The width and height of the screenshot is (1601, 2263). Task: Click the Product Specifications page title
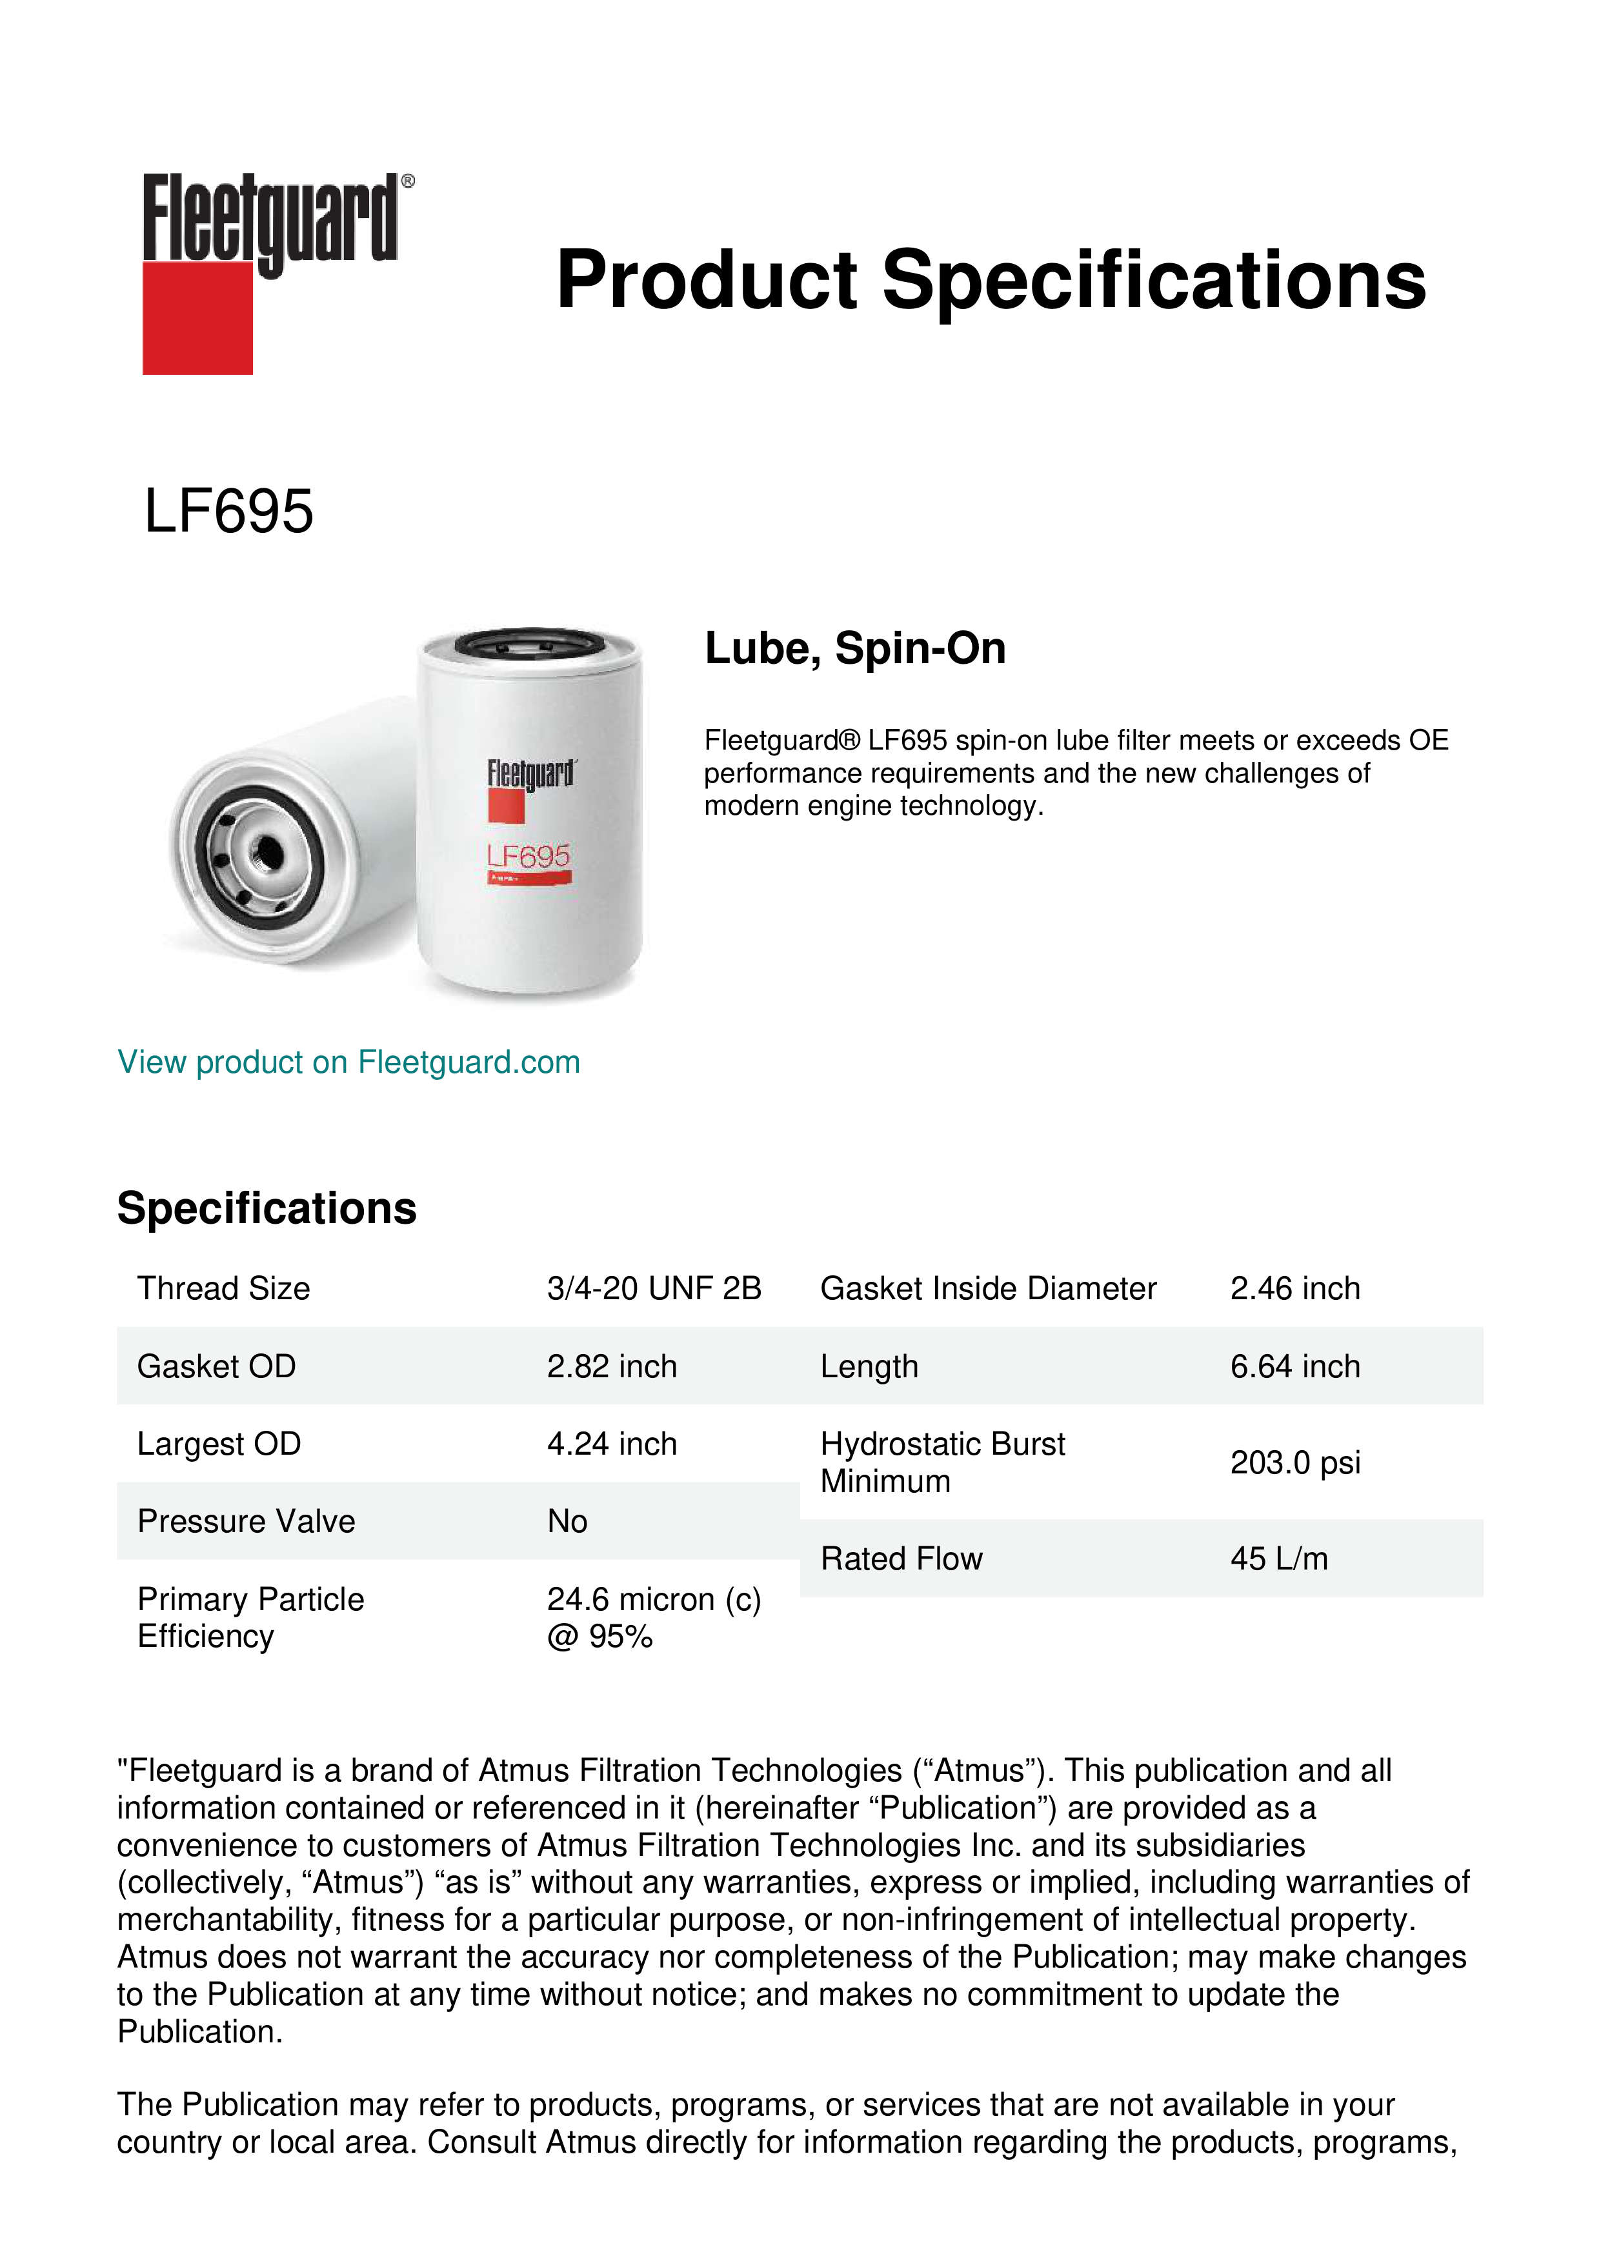click(x=991, y=280)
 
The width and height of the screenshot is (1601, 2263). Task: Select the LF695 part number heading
click(x=228, y=512)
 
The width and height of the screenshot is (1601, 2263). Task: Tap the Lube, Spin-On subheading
click(x=855, y=648)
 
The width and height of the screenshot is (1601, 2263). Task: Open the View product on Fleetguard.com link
click(x=348, y=1062)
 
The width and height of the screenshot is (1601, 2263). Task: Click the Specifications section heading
click(x=266, y=1208)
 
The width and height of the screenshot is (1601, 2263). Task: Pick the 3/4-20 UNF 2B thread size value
click(x=654, y=1288)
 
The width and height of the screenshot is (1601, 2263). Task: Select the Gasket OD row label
click(x=216, y=1366)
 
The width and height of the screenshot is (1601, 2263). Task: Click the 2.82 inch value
click(x=611, y=1366)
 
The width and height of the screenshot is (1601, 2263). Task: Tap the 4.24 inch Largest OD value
click(x=611, y=1444)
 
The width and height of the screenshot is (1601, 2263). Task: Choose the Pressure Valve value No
click(x=567, y=1522)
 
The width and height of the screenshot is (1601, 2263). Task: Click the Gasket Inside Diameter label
click(x=988, y=1288)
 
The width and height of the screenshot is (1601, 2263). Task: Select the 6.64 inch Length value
click(x=1294, y=1366)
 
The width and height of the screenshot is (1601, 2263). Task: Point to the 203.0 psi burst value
click(x=1294, y=1462)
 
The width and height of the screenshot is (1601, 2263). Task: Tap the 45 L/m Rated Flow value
click(x=1278, y=1559)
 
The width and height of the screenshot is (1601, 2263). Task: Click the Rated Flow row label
click(x=901, y=1559)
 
